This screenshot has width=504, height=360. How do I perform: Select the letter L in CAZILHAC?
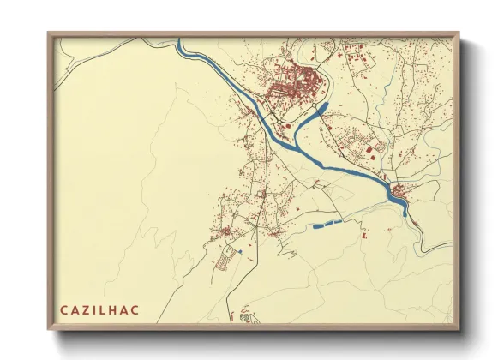coord(106,309)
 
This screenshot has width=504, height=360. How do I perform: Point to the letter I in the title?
coord(96,309)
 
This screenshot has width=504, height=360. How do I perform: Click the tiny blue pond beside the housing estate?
coord(241,252)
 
